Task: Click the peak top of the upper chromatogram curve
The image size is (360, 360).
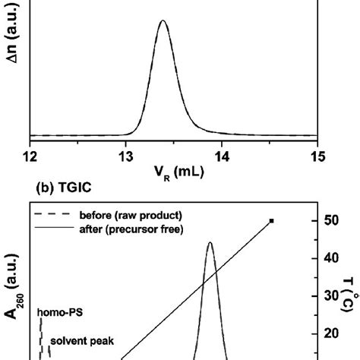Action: [x=163, y=21]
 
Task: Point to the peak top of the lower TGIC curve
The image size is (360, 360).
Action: [x=210, y=243]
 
